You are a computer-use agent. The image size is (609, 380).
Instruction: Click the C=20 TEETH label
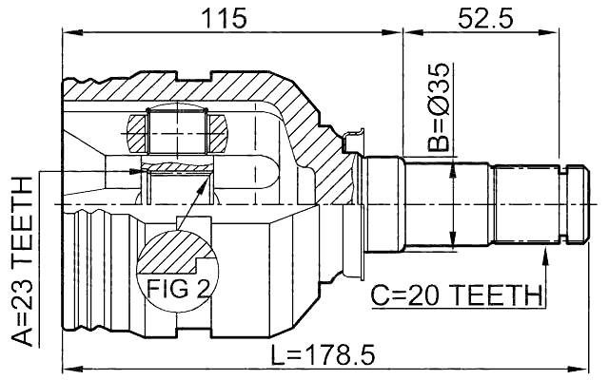tap(454, 296)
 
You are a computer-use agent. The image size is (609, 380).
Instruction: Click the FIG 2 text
tap(178, 285)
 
